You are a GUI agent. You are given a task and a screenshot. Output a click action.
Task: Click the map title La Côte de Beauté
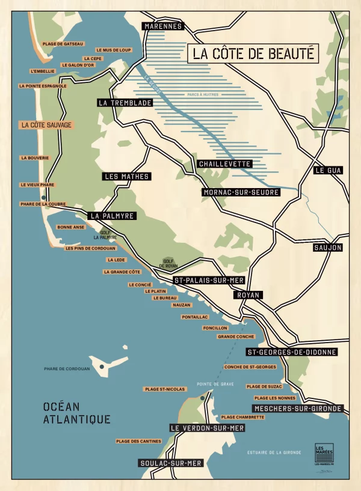253,53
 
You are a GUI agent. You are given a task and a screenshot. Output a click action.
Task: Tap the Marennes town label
163,26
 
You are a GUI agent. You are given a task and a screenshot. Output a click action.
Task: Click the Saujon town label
328,248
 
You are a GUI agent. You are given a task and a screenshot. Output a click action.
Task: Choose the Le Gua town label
329,170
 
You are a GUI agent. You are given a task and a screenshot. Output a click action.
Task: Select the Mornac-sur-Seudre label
232,192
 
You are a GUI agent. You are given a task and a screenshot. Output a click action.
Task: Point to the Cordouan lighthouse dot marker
102,366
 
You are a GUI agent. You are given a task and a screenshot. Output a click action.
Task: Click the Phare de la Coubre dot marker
43,197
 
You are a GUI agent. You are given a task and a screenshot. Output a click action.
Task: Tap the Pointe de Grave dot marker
203,397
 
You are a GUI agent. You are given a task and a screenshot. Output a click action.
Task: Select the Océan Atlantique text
76,413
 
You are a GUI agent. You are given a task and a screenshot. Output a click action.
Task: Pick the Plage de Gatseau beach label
63,44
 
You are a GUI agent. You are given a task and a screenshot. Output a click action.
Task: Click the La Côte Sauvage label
46,125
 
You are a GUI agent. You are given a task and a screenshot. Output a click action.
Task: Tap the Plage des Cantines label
139,441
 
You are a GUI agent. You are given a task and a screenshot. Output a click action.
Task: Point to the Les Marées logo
324,451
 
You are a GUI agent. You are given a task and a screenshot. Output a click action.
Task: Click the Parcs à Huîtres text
203,94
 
